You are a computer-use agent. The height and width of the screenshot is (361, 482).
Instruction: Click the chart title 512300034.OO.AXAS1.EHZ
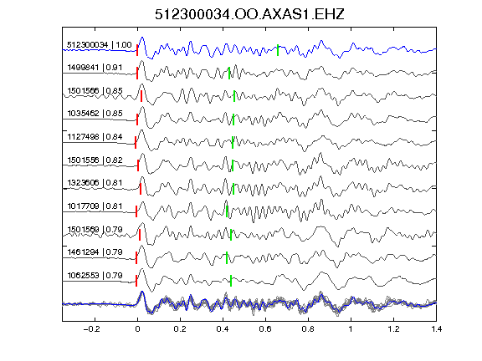249,14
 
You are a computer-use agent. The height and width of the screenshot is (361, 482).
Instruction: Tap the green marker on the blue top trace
278,50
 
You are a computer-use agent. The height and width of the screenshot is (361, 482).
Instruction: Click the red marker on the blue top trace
137,50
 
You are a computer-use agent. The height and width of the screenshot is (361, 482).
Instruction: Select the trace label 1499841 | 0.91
95,67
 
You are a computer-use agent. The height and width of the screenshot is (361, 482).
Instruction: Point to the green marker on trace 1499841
229,73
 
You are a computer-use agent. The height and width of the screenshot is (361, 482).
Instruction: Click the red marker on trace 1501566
141,96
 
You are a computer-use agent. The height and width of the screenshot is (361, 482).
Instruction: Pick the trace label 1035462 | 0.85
95,114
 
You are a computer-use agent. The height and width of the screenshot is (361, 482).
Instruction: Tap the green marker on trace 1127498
233,142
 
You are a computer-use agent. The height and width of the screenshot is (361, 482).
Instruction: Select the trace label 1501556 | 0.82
95,160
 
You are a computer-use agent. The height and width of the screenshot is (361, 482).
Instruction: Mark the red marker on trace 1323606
141,189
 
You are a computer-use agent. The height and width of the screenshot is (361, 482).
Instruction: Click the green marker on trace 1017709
227,211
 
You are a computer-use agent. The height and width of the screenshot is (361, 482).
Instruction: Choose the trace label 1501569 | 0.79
95,229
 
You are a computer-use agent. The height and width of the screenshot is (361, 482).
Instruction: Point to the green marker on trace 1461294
227,257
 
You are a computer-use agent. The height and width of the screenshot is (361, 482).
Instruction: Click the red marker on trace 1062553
136,281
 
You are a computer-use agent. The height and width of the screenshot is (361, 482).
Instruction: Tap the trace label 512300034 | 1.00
100,45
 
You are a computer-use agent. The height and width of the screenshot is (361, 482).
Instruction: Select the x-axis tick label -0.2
91,329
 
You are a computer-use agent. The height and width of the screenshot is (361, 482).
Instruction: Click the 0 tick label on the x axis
137,329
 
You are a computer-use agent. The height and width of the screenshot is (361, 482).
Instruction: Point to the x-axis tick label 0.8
308,329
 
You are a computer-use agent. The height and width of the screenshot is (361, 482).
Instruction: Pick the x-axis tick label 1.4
436,329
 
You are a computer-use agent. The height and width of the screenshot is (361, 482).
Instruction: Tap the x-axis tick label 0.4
223,329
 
